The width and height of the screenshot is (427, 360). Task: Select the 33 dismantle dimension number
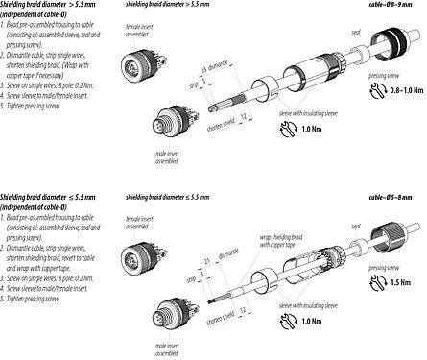204,70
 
